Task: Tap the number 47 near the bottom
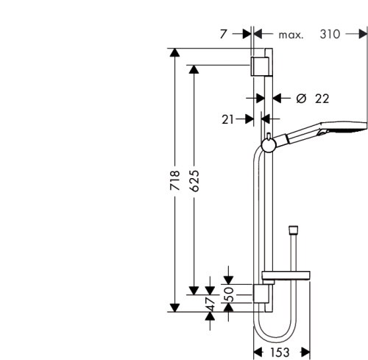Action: (x=210, y=303)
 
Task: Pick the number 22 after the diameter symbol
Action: (x=322, y=98)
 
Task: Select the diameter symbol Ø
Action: (x=301, y=98)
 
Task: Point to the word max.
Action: (x=291, y=35)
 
